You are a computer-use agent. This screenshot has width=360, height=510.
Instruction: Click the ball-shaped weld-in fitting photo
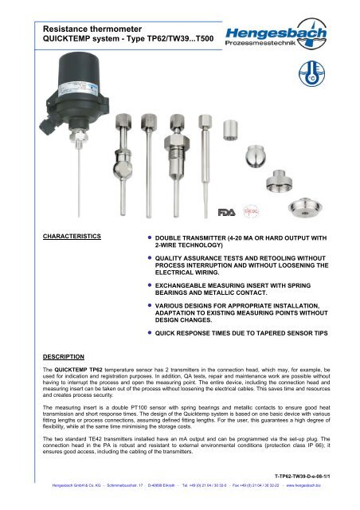(x=268, y=160)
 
